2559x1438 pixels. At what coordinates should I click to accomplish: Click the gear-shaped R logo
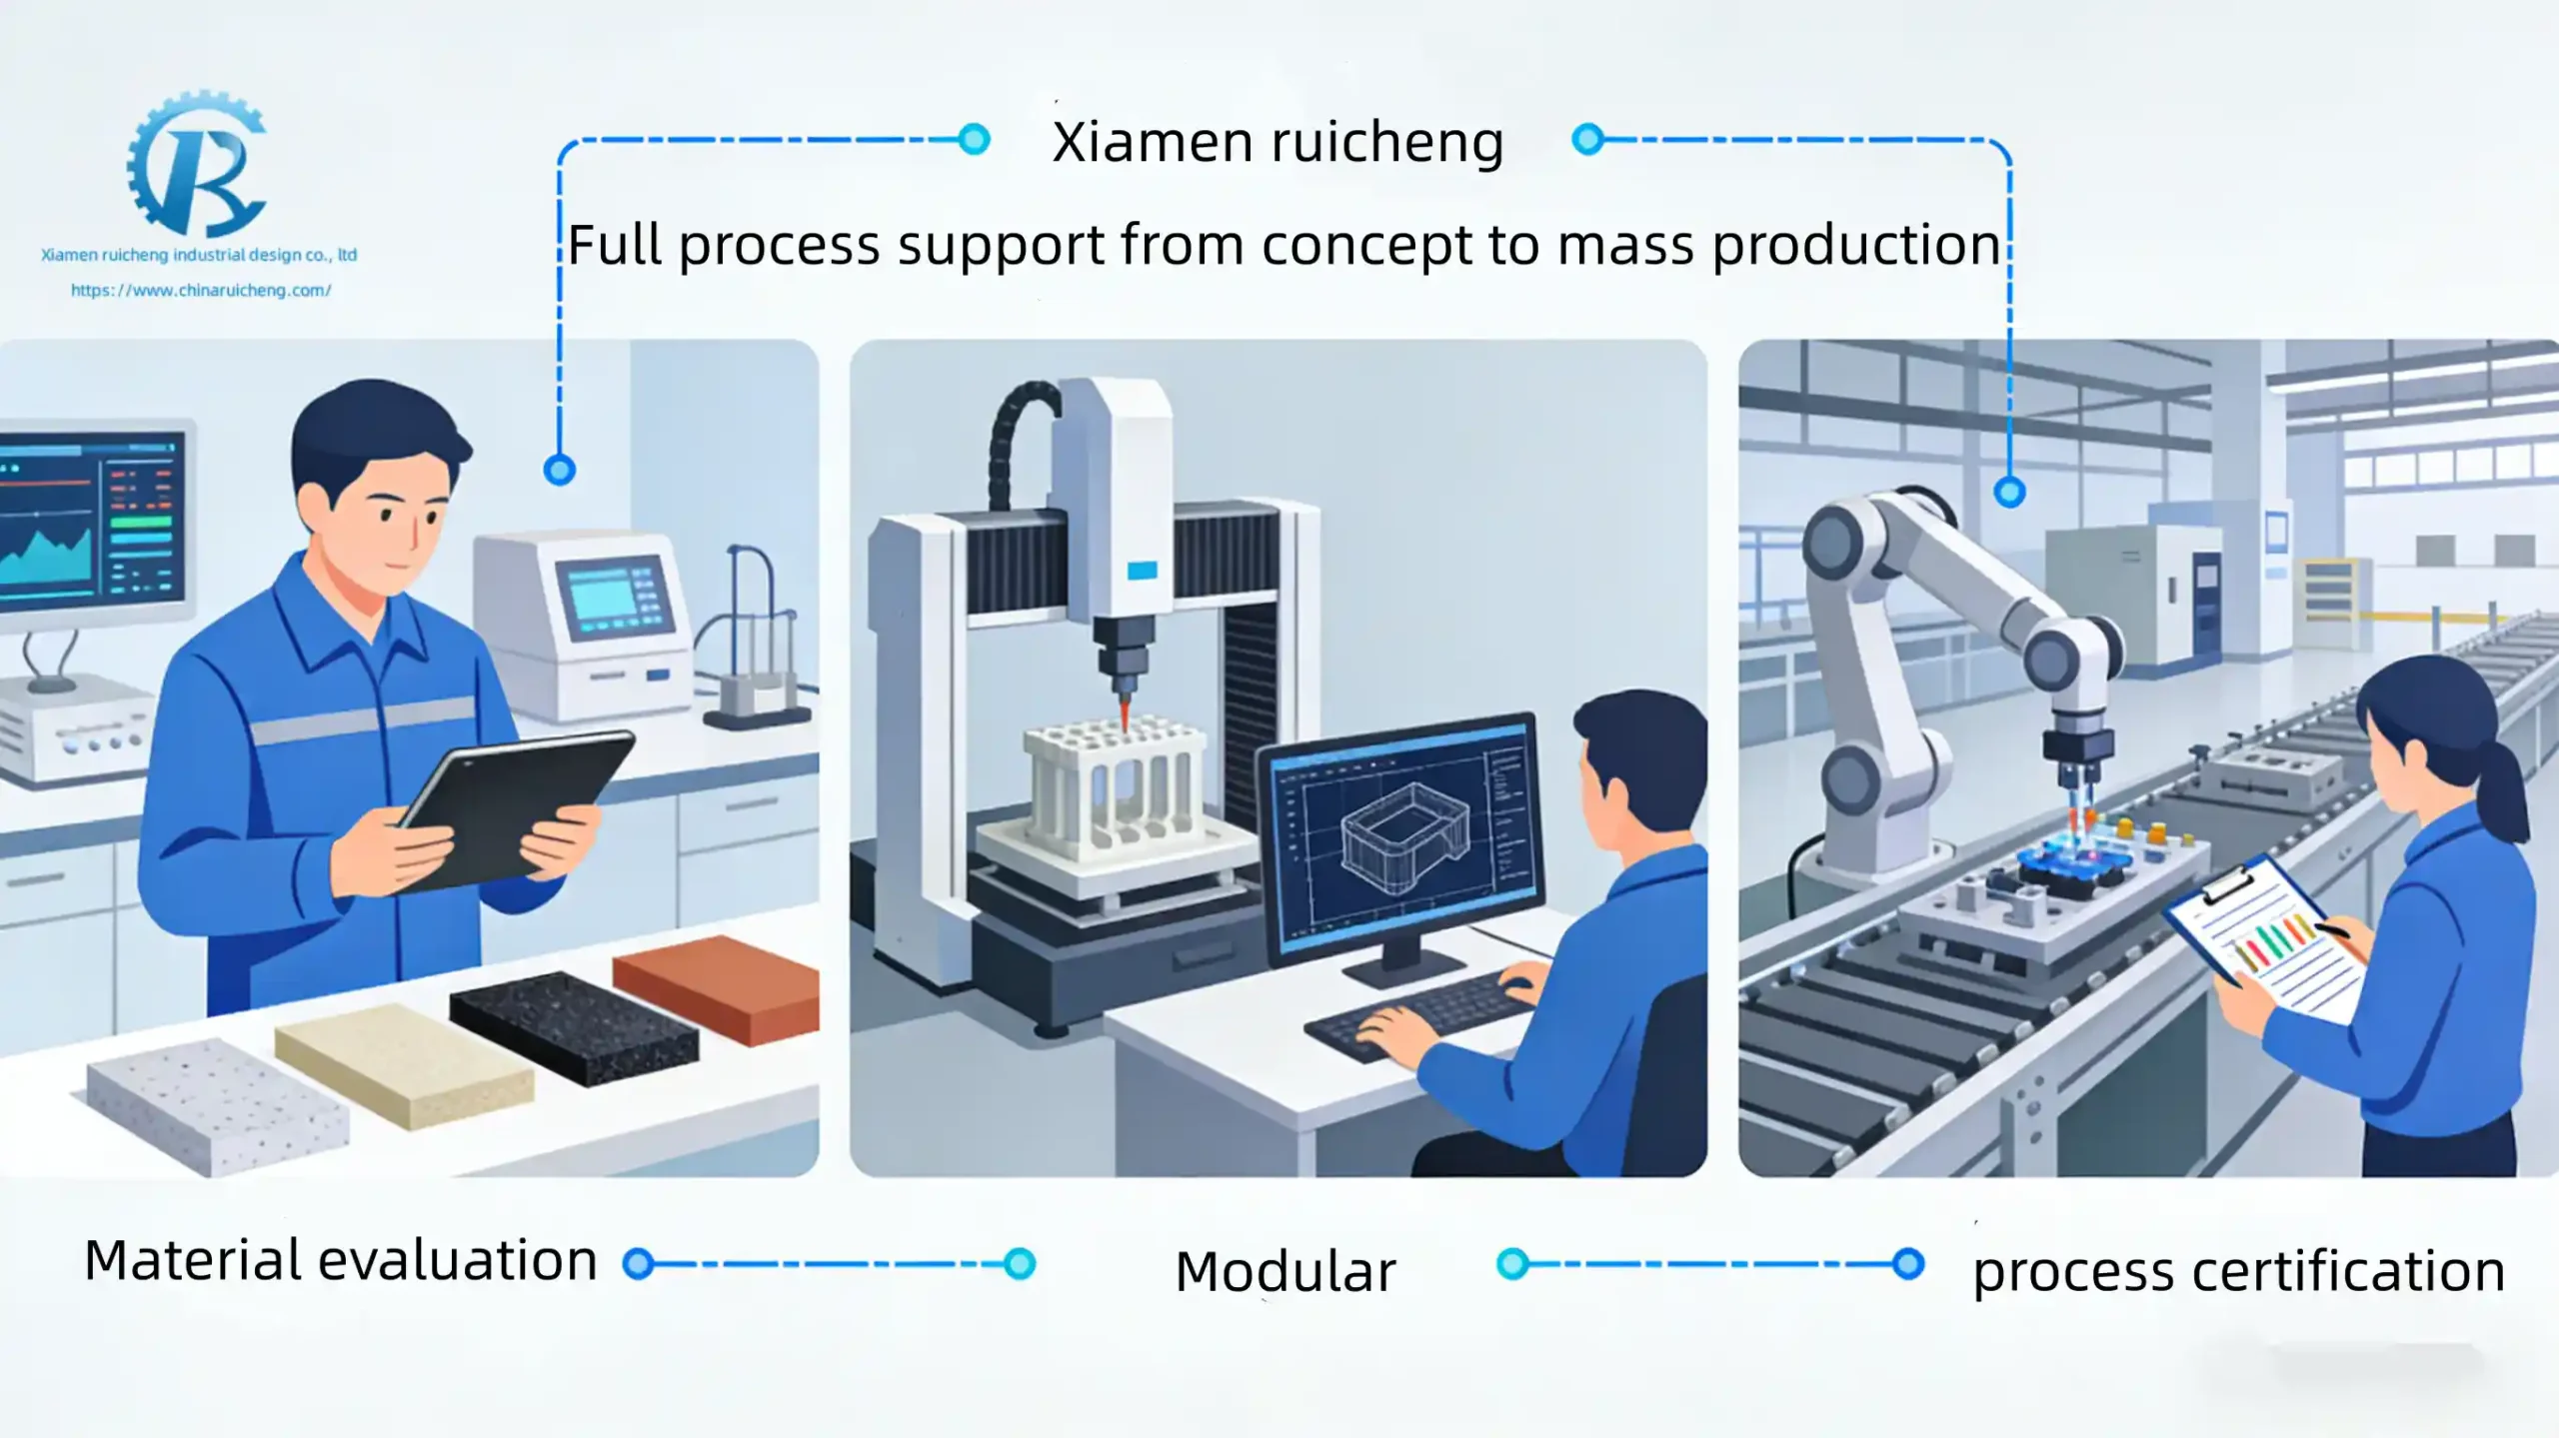(x=197, y=165)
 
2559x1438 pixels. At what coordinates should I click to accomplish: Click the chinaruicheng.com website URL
(x=201, y=290)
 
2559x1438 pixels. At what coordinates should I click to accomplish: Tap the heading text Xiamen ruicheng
(x=1278, y=142)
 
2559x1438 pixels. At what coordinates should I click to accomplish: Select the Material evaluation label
(x=341, y=1260)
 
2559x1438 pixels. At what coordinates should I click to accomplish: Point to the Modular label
(x=1284, y=1271)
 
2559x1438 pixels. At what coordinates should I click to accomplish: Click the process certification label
(x=2238, y=1272)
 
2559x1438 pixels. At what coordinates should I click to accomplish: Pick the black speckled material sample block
(x=574, y=1026)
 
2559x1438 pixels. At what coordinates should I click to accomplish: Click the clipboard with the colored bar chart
(x=2264, y=939)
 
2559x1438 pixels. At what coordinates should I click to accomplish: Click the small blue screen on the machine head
(x=1142, y=571)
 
